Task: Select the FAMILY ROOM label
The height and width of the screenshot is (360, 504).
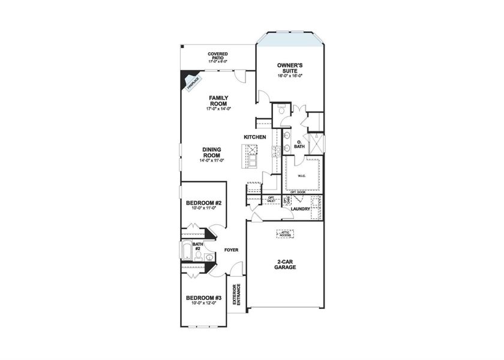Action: (x=217, y=100)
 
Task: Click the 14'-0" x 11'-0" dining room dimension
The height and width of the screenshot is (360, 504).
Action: (x=211, y=160)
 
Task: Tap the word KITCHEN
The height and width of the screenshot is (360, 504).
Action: (x=254, y=137)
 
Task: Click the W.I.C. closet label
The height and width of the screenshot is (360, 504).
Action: (x=302, y=176)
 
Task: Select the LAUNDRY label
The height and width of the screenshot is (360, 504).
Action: (x=300, y=209)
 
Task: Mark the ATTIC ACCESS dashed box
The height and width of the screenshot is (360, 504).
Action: (x=285, y=234)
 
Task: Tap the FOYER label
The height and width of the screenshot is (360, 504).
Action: (x=232, y=249)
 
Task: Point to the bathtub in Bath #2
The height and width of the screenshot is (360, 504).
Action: (x=187, y=251)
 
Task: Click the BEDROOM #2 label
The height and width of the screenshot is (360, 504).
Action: (x=204, y=204)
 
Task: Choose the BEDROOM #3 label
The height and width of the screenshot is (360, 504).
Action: (x=204, y=298)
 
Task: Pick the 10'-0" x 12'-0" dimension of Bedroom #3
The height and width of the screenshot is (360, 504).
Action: (x=204, y=304)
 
